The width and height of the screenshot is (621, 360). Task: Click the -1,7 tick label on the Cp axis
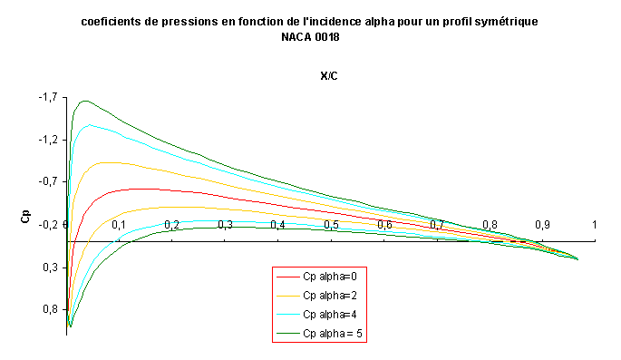click(48, 97)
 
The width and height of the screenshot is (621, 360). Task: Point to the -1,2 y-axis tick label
click(48, 140)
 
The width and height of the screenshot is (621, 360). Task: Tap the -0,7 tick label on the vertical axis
click(48, 181)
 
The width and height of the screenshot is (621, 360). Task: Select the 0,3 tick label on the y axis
click(50, 268)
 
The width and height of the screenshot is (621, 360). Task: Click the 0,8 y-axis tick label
click(50, 309)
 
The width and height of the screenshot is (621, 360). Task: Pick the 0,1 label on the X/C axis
click(119, 225)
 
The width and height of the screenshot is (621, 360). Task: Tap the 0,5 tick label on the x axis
click(331, 225)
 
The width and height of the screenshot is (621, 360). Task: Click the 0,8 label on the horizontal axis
click(490, 225)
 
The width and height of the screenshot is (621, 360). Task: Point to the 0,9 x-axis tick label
click(542, 225)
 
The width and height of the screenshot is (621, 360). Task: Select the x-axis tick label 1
click(594, 225)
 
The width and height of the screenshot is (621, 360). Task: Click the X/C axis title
click(329, 76)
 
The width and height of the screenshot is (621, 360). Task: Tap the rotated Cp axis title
click(25, 216)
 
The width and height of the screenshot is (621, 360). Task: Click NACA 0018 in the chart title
click(310, 37)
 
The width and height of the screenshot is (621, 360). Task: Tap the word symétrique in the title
click(506, 22)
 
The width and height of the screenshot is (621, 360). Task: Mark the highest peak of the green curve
click(85, 101)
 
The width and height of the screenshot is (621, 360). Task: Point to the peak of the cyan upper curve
click(90, 125)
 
